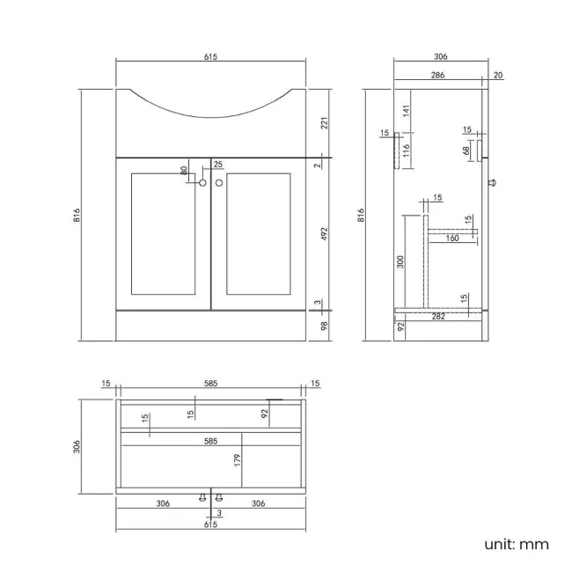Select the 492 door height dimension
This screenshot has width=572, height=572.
pyautogui.click(x=324, y=235)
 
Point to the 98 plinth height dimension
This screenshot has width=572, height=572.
pyautogui.click(x=324, y=326)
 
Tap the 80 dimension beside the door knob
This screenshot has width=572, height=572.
pyautogui.click(x=184, y=171)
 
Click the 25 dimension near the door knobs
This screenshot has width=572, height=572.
pyautogui.click(x=217, y=164)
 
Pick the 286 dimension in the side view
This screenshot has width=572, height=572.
pyautogui.click(x=437, y=76)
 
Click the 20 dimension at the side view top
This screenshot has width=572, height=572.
pyautogui.click(x=498, y=76)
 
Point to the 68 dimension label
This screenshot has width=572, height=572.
pyautogui.click(x=466, y=150)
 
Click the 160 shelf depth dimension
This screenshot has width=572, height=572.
pyautogui.click(x=452, y=238)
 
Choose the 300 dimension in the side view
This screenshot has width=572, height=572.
pyautogui.click(x=400, y=261)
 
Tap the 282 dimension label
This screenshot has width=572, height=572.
pyautogui.click(x=437, y=316)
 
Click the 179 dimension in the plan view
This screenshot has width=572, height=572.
pyautogui.click(x=238, y=458)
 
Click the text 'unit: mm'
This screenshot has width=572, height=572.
pyautogui.click(x=517, y=544)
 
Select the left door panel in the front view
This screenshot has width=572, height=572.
pyautogui.click(x=163, y=233)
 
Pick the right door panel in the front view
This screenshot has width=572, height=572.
pyautogui.click(x=258, y=233)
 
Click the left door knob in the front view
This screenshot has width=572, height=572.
pyautogui.click(x=202, y=183)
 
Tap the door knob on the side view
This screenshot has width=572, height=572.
pyautogui.click(x=492, y=183)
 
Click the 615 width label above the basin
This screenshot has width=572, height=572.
pyautogui.click(x=210, y=56)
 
